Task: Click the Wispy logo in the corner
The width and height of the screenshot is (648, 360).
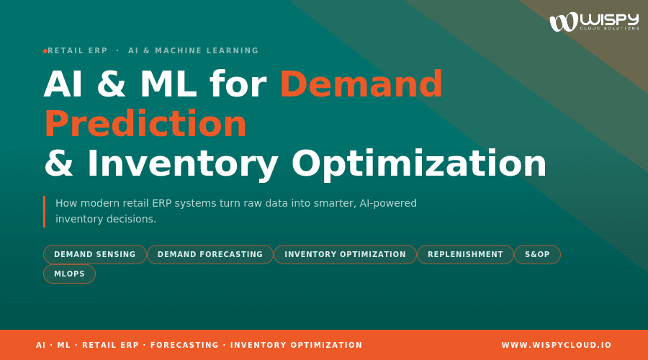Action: (x=593, y=22)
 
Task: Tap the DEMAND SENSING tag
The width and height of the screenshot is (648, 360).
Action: (x=95, y=254)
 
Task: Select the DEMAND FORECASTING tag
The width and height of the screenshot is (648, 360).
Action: (x=210, y=254)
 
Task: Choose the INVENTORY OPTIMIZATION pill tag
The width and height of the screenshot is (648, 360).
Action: (x=345, y=254)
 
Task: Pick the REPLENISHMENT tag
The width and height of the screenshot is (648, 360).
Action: (x=465, y=254)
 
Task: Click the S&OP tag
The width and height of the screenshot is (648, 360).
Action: (x=537, y=254)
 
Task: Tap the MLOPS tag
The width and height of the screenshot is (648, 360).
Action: (x=69, y=274)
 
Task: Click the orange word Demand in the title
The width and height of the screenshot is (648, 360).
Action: (x=361, y=84)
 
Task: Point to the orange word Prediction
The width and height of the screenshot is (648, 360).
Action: (x=145, y=124)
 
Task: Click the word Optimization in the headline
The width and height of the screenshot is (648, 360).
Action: (x=419, y=163)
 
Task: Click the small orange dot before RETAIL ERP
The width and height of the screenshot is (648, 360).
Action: (x=45, y=50)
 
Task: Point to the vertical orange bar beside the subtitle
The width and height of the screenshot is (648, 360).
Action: (x=44, y=211)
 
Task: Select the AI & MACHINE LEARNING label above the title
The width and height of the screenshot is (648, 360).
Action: (x=193, y=50)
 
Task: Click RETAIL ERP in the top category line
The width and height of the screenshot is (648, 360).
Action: (x=77, y=50)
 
